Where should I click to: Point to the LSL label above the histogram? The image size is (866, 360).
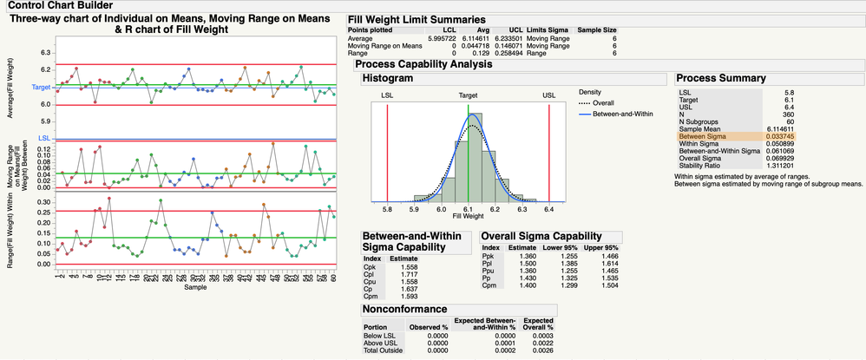pyautogui.click(x=388, y=95)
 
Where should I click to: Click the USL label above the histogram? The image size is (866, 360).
pyautogui.click(x=549, y=95)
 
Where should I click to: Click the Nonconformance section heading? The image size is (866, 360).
pyautogui.click(x=404, y=308)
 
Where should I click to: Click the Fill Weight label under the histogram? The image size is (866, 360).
pyautogui.click(x=469, y=216)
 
